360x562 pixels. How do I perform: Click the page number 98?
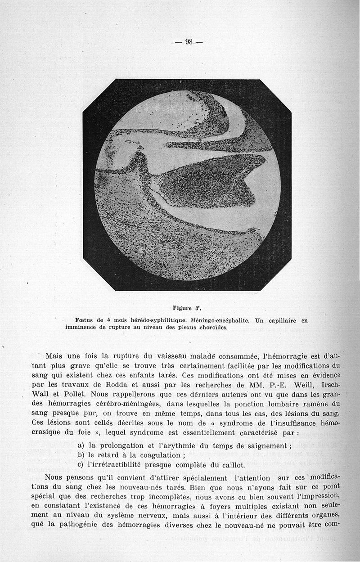pos(189,42)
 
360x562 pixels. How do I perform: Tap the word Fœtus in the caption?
pos(85,320)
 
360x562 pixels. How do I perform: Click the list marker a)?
pos(81,445)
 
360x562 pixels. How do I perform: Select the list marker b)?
pos(81,455)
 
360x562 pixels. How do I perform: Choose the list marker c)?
pos(81,465)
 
